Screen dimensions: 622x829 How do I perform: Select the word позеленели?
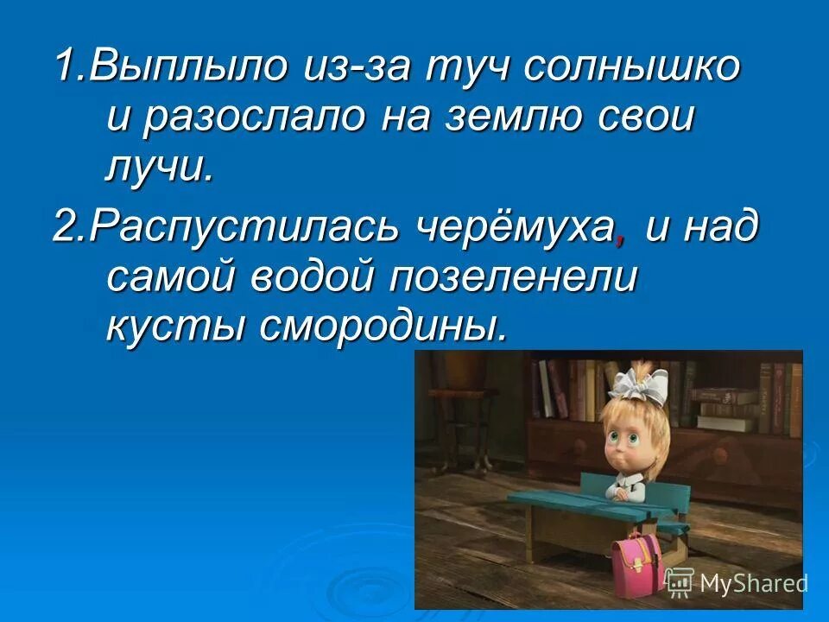[x=514, y=278]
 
